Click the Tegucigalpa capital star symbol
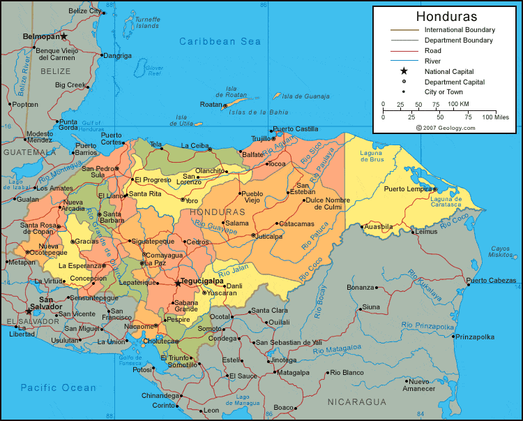pos(178,283)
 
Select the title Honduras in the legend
pos(446,16)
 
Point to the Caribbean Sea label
pos(220,42)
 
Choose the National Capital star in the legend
pos(403,71)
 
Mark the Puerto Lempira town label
pos(407,189)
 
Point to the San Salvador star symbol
pos(29,311)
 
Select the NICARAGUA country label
pos(357,402)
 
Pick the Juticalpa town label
pos(268,237)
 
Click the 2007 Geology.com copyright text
pos(446,128)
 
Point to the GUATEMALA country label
pos(29,152)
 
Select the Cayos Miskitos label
pos(500,252)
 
